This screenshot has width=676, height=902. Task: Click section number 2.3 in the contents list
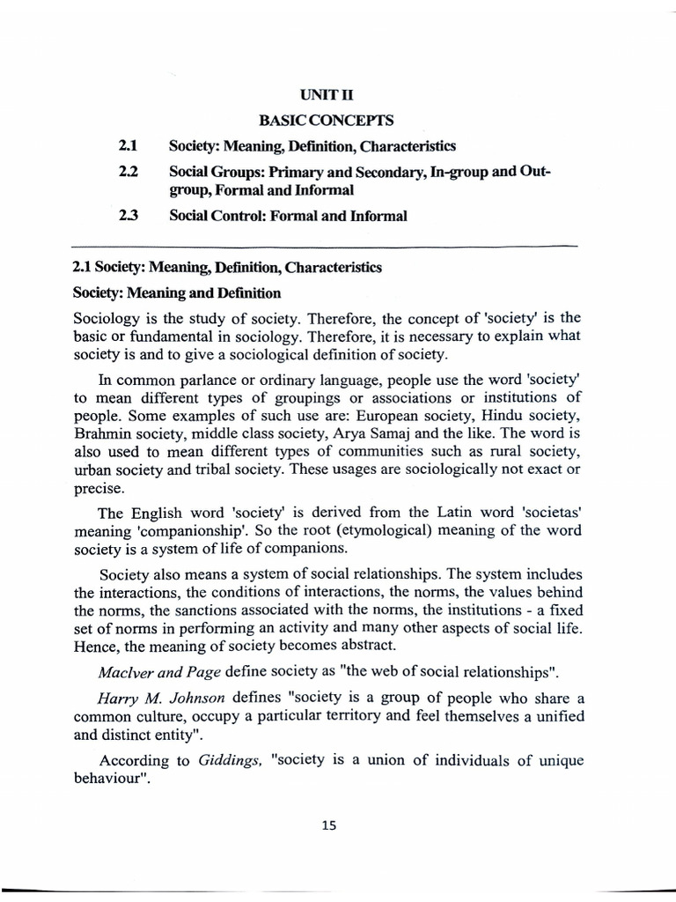point(129,216)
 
